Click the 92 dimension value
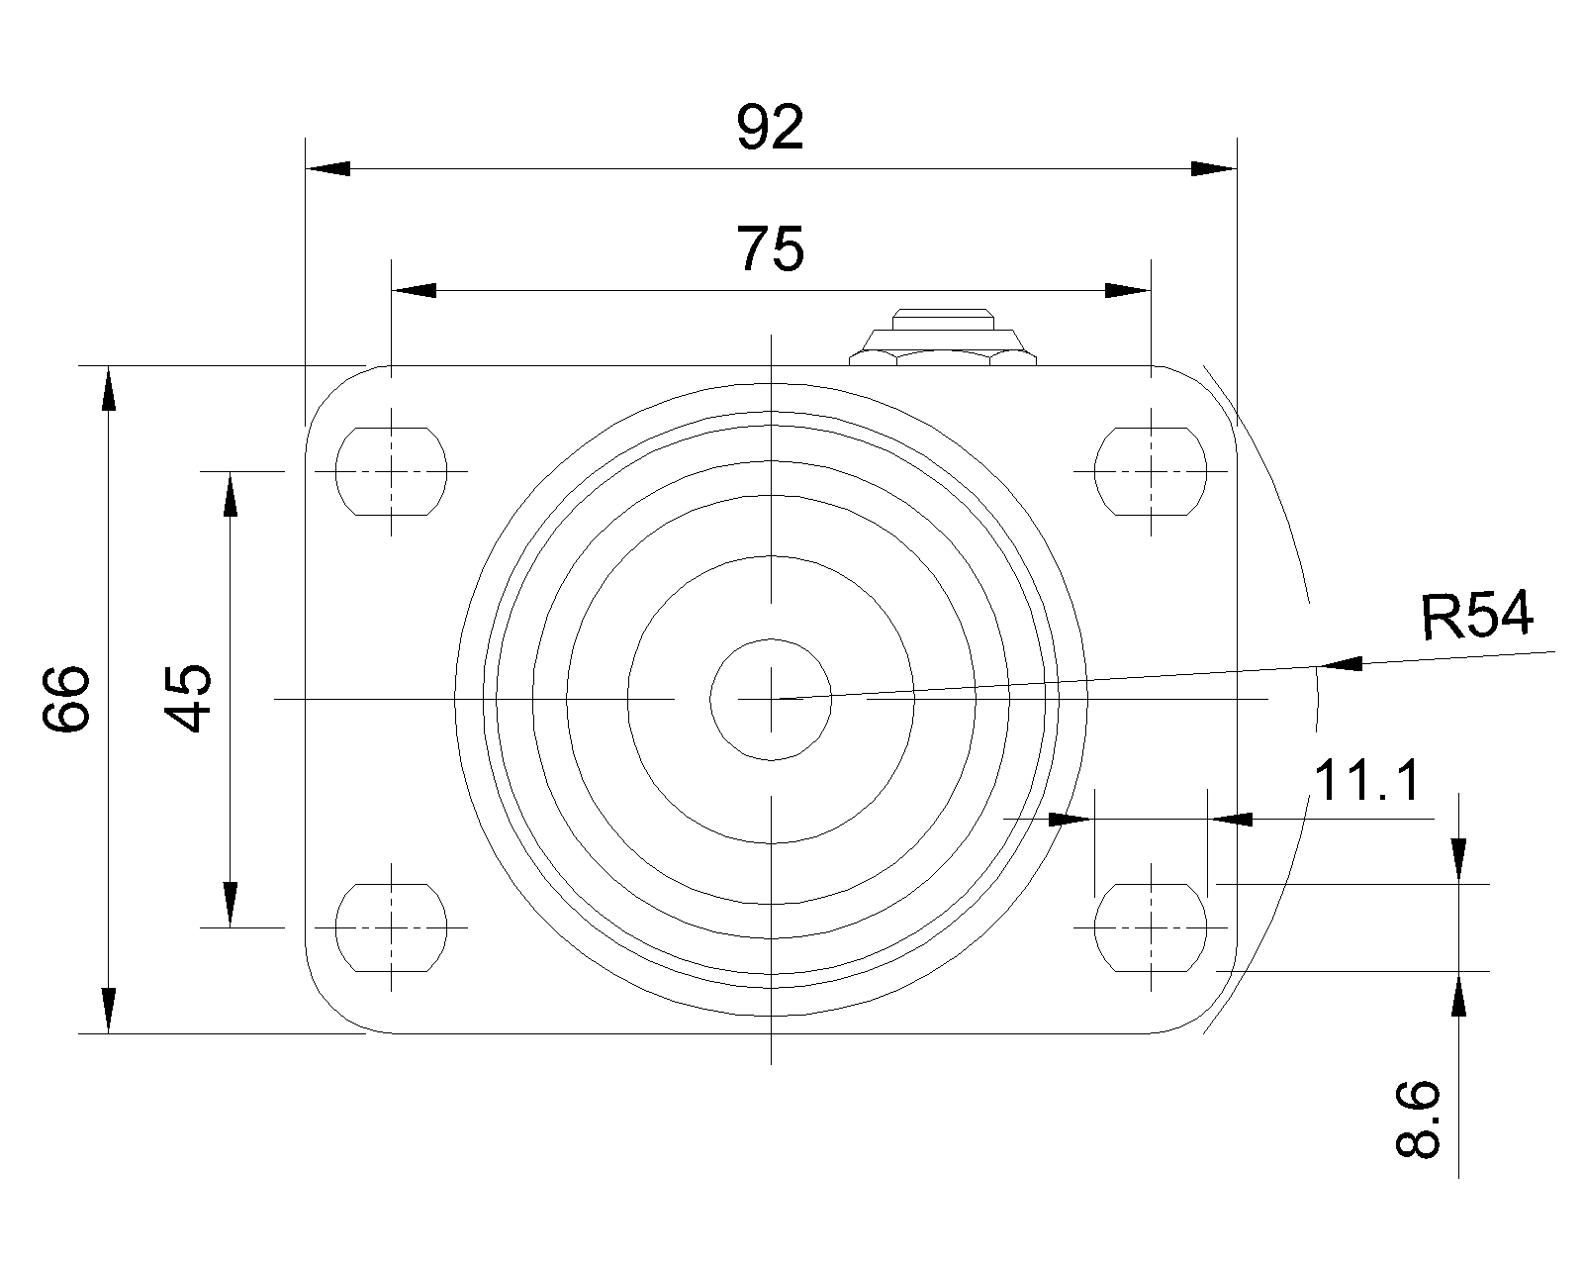click(770, 128)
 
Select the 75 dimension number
click(770, 248)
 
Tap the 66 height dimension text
click(66, 698)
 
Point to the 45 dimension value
click(188, 698)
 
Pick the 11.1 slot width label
click(1366, 780)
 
